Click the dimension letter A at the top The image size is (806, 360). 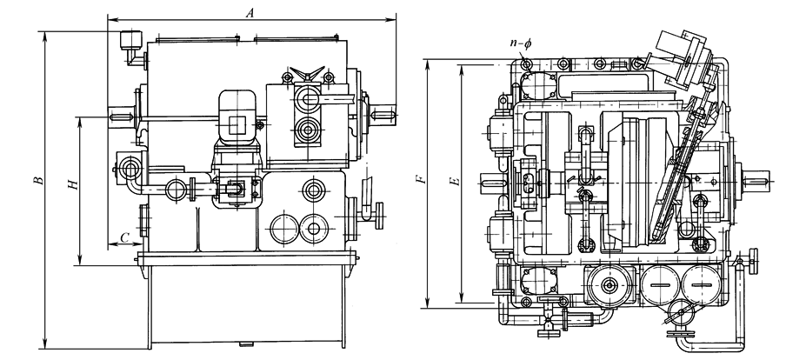tap(251, 13)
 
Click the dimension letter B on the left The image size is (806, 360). tap(37, 181)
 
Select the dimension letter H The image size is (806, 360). tap(73, 185)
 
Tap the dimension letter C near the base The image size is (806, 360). tap(124, 237)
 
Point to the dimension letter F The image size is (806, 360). tap(420, 181)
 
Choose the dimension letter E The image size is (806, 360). tap(452, 183)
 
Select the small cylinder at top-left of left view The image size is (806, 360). tap(131, 40)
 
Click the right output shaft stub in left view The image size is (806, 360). tap(384, 111)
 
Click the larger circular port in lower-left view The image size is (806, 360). tap(284, 230)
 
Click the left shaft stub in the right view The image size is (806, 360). tap(490, 184)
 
